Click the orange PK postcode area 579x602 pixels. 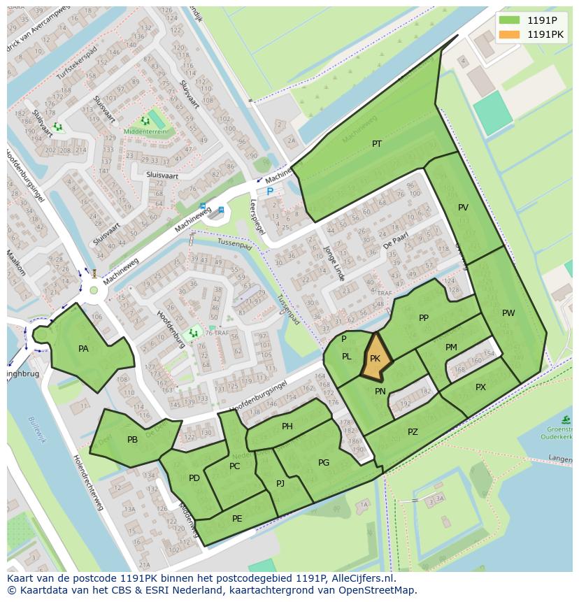coord(375,357)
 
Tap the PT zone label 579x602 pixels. coord(377,144)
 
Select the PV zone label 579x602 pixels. coord(463,208)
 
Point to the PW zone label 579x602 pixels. coord(508,313)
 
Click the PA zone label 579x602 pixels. coord(84,349)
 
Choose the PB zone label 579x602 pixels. coord(133,440)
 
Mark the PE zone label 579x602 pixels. coord(237,518)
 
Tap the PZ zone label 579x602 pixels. coord(413,432)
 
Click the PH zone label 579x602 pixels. coord(287,427)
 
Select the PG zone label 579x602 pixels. coord(324,463)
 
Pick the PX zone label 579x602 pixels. coord(480,387)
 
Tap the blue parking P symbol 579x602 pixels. coord(269,191)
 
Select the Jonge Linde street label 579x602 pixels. coord(334,263)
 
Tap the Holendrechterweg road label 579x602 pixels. coord(88,482)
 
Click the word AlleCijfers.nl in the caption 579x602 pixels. coord(362,578)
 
